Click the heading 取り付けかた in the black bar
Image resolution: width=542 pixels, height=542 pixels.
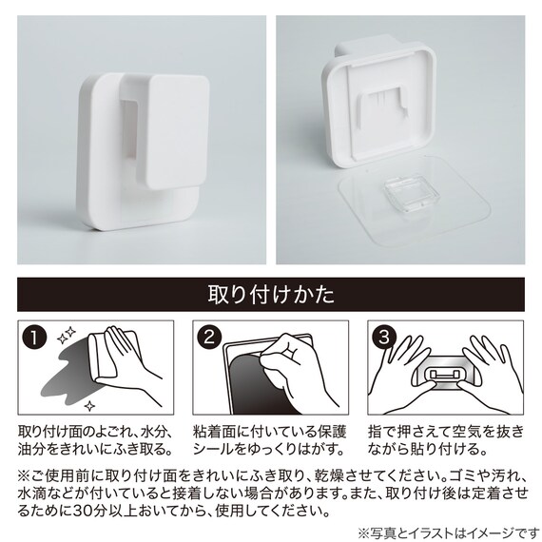pos(271,295)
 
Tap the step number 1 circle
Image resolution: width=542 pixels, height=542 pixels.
pos(34,338)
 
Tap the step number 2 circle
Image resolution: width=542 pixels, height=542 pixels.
pos(209,337)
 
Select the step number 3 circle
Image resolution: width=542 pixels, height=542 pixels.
pos(384,337)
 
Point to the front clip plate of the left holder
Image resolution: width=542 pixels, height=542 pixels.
pos(177,132)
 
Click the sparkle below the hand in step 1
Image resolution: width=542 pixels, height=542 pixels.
pos(90,405)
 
